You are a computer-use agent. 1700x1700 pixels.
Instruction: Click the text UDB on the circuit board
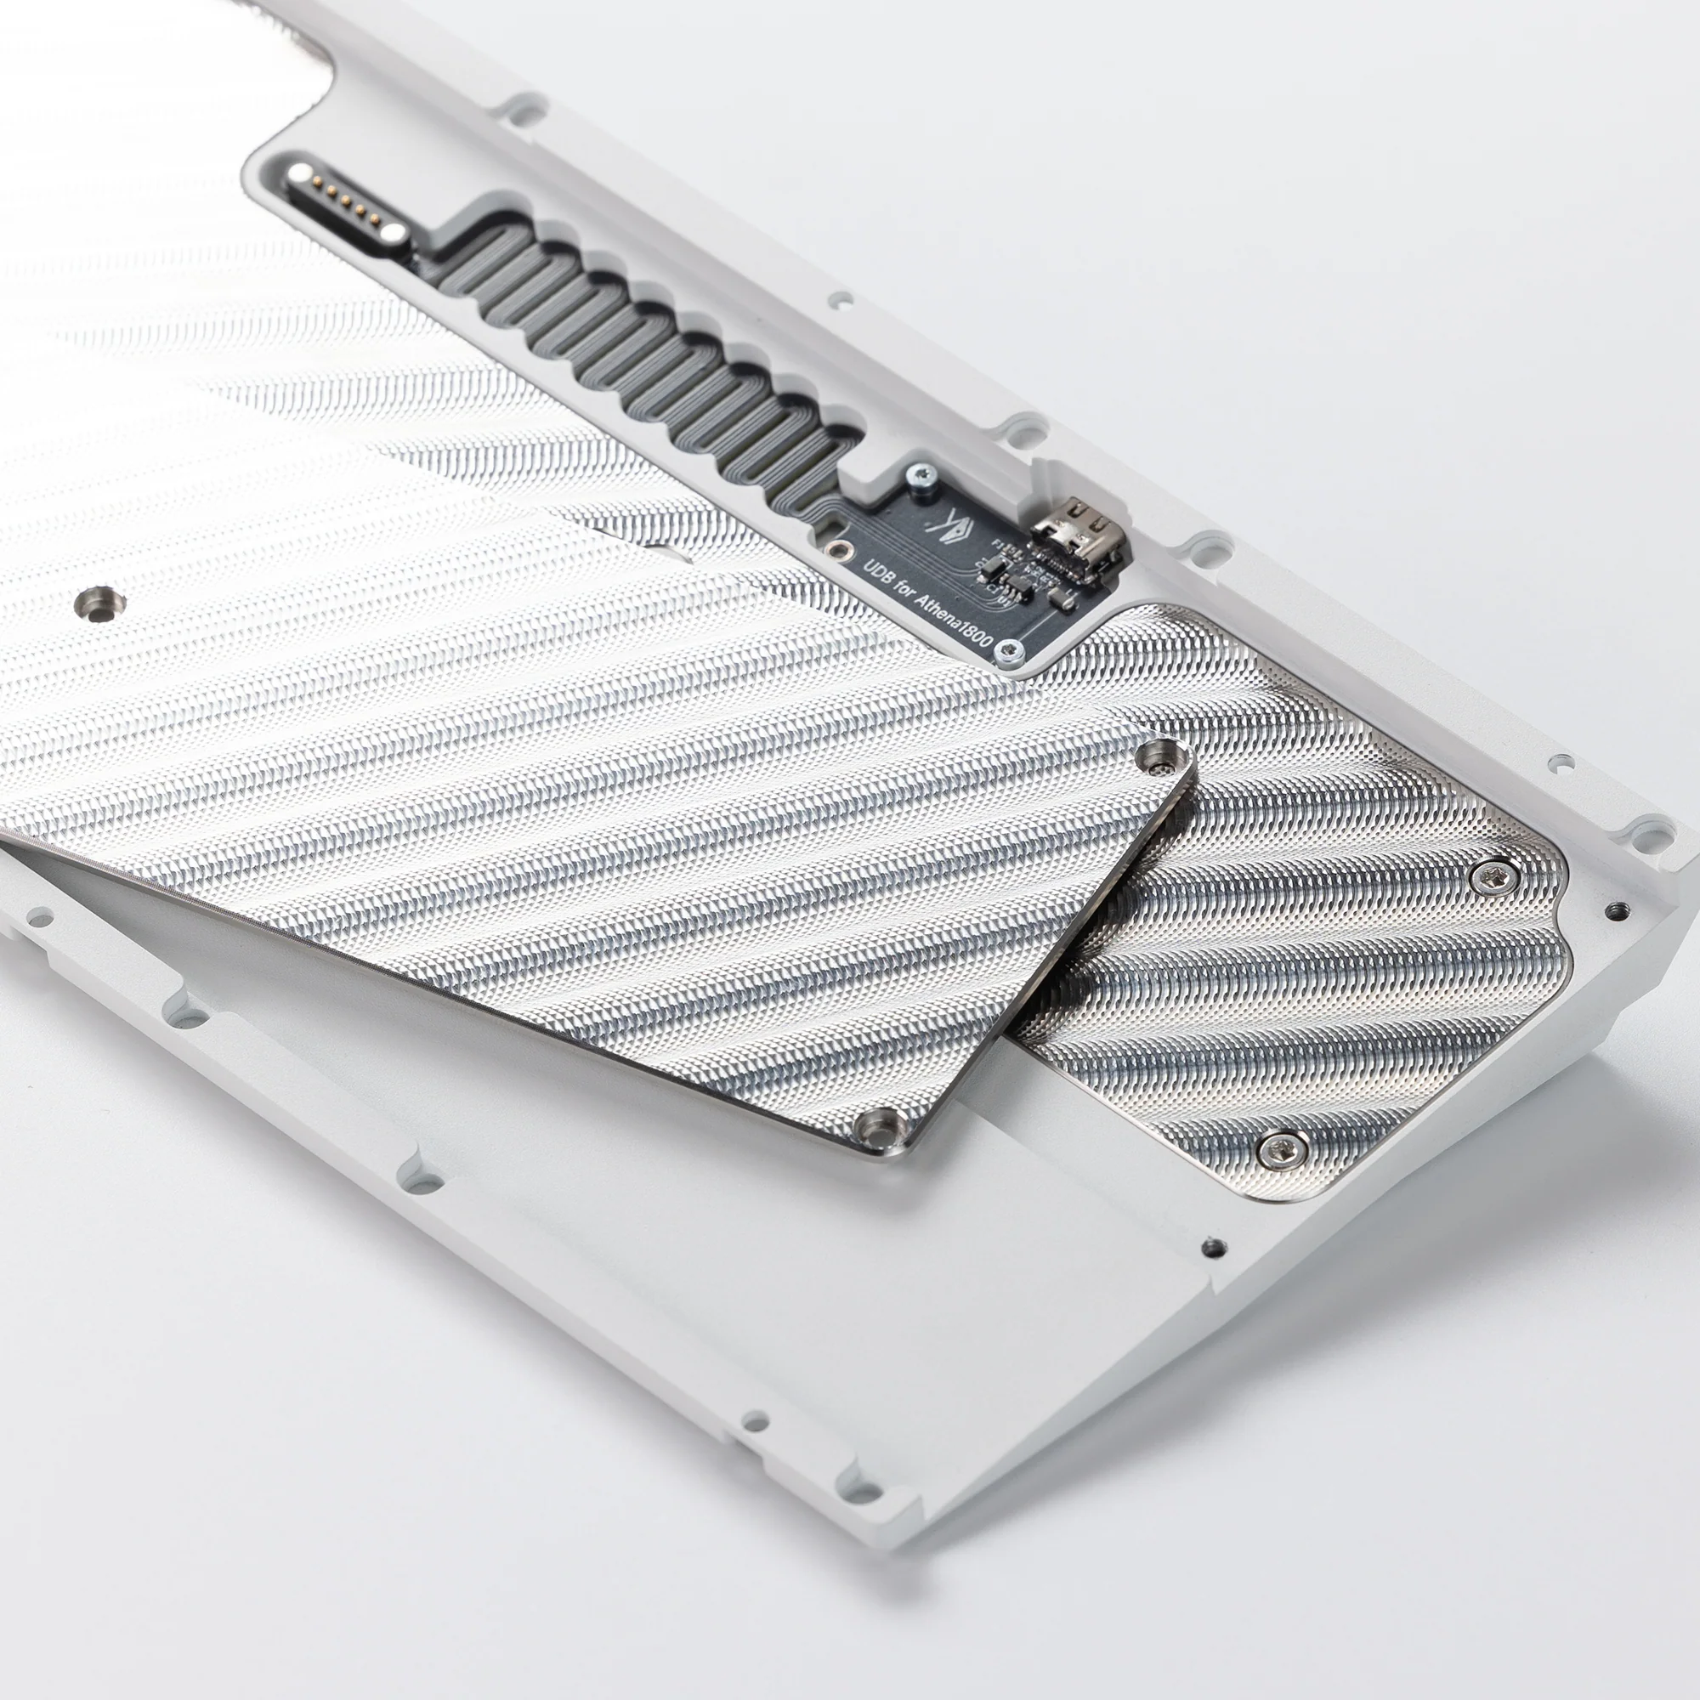click(879, 573)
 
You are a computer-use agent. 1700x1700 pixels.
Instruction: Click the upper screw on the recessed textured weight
click(1493, 874)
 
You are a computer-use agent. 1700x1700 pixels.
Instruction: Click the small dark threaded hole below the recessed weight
click(1215, 1246)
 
